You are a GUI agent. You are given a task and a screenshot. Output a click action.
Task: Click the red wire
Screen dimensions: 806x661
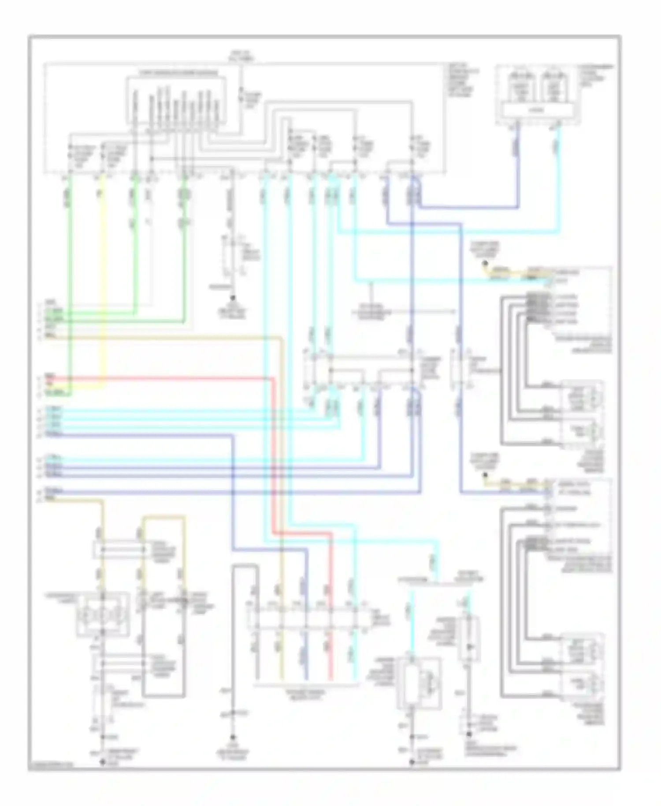tap(176, 378)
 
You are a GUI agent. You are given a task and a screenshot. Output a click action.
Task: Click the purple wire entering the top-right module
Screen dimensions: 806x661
tap(517, 168)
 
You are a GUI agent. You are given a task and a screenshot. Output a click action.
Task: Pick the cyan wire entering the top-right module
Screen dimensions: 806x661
tap(558, 176)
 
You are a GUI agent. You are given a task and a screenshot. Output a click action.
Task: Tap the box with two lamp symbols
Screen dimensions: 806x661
tap(103, 614)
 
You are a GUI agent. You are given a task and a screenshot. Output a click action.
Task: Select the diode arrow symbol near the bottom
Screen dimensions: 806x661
tap(469, 646)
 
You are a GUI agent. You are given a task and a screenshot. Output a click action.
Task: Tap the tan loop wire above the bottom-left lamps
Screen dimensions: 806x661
tap(163, 517)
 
